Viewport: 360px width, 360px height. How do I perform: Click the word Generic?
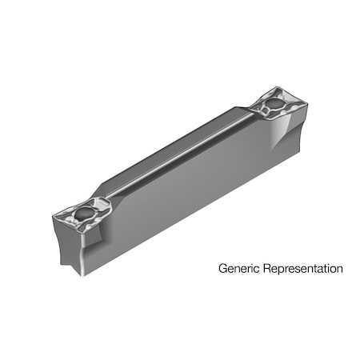point(238,269)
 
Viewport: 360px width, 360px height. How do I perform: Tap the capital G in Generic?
point(223,269)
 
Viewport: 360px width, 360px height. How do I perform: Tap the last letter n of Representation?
point(339,270)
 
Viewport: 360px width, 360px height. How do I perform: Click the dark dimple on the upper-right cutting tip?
point(274,103)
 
